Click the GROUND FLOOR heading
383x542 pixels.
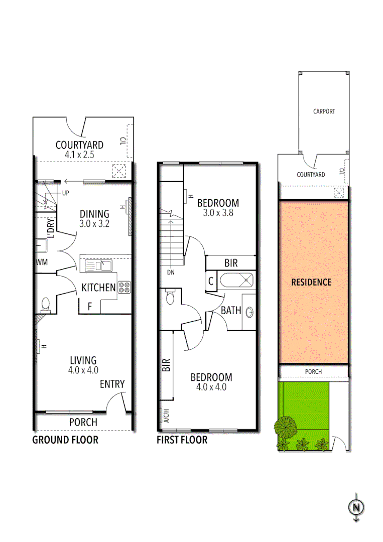coord(65,440)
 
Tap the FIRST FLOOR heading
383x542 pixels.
coord(182,440)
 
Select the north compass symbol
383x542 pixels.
coord(356,507)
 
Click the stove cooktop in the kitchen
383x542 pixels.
coord(124,288)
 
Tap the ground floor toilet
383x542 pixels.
coord(46,304)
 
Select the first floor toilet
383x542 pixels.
coord(169,298)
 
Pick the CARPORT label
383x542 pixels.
coord(324,111)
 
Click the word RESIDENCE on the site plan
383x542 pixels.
coord(311,282)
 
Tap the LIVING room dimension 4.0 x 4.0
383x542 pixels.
coord(83,370)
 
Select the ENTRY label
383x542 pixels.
coord(112,384)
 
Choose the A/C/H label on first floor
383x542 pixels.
coord(166,416)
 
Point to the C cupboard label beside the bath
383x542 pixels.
coord(211,281)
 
